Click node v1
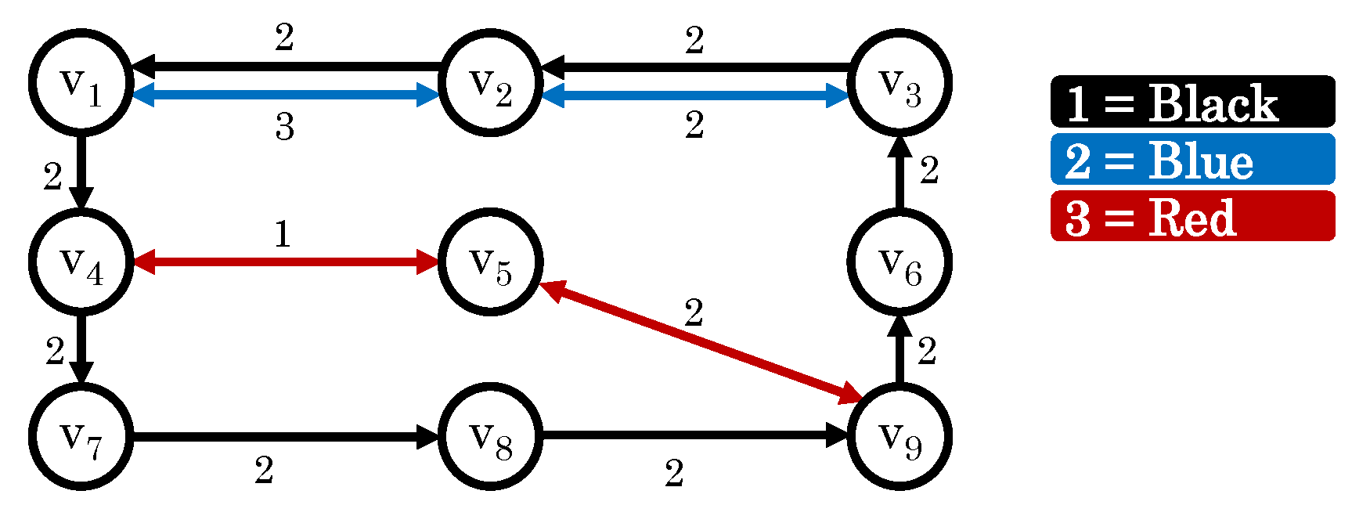81,82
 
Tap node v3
900,82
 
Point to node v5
490,262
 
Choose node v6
900,262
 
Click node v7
81,436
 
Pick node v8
490,436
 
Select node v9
900,436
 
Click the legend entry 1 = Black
1192,102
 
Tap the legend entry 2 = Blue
1192,160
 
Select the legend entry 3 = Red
1192,216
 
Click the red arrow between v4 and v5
286,262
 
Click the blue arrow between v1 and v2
286,96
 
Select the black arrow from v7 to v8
286,436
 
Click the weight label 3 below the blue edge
284,126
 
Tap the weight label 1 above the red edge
283,234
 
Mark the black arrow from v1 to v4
81,172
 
